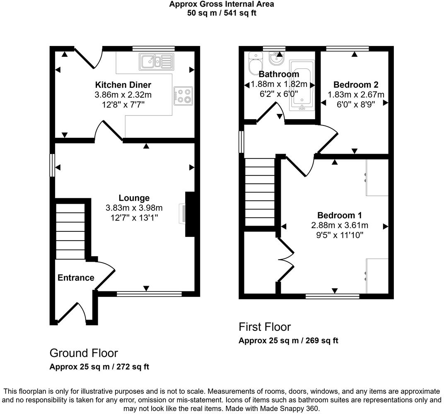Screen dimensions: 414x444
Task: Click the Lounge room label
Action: tap(134, 198)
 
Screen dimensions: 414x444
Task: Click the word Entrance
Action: tap(76, 278)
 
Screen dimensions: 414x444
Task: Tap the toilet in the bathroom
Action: tap(254, 64)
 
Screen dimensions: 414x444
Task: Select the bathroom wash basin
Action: tap(277, 59)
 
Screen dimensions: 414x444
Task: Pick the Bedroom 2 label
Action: tap(356, 85)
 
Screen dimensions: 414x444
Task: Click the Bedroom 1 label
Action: tap(340, 215)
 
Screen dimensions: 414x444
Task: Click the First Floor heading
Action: tap(265, 327)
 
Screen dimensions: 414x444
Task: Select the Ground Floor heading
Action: tap(84, 353)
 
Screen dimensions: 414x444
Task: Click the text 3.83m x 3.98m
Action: tap(134, 207)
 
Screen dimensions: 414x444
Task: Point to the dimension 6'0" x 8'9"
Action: tap(356, 104)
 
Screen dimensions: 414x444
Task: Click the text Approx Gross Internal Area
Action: tap(222, 4)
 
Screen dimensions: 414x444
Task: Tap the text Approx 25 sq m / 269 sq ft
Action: tap(288, 341)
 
